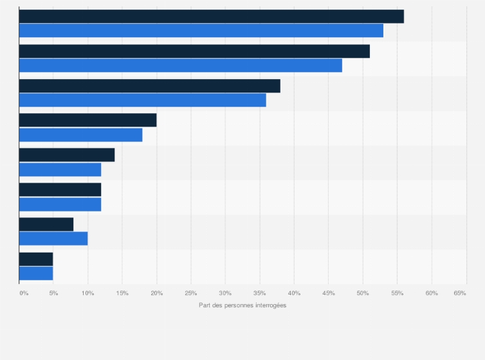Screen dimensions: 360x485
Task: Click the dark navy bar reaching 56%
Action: pos(212,17)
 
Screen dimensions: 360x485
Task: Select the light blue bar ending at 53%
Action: pos(201,31)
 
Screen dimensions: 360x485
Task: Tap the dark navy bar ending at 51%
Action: pos(194,51)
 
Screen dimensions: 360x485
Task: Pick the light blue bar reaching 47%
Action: pos(181,66)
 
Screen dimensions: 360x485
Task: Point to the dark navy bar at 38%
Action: pos(150,86)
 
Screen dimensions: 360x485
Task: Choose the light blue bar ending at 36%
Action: pos(143,100)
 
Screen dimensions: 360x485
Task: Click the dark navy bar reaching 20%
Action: pos(88,120)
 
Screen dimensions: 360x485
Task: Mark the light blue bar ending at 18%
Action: pos(81,135)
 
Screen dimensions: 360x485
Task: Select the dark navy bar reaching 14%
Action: pos(67,155)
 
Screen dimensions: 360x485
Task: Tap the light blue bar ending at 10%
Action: pos(53,239)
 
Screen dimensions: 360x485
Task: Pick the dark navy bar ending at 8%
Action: pos(46,224)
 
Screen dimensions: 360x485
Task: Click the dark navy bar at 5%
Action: pos(36,259)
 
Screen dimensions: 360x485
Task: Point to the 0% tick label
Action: pos(24,293)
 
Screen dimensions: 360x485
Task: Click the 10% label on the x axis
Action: pos(87,293)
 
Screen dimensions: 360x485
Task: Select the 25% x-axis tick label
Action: pos(190,293)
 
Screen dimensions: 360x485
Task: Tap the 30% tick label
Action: pos(225,293)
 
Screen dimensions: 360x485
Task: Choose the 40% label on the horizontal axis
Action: pos(294,293)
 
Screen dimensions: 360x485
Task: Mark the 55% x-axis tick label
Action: pos(397,293)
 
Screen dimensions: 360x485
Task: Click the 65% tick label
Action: pos(460,293)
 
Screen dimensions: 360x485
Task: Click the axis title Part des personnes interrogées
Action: pos(243,305)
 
